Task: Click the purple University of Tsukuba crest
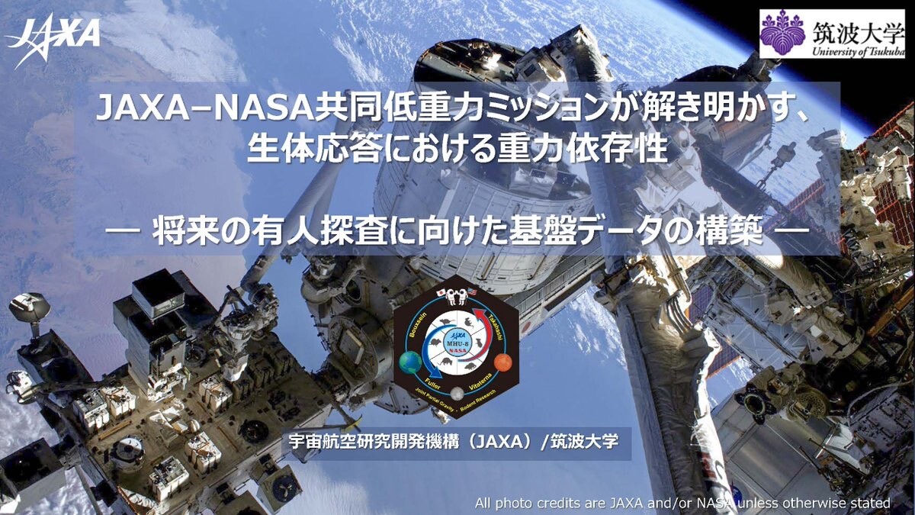pyautogui.click(x=782, y=34)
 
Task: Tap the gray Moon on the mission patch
pyautogui.click(x=457, y=394)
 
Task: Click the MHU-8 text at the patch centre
pyautogui.click(x=457, y=345)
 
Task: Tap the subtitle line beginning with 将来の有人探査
pyautogui.click(x=457, y=231)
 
